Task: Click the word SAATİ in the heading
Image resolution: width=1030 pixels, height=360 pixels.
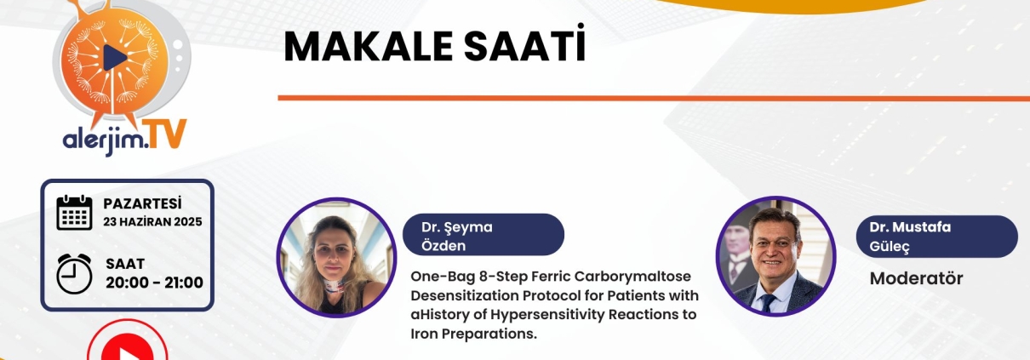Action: (x=524, y=43)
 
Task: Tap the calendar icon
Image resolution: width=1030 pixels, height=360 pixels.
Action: (x=75, y=213)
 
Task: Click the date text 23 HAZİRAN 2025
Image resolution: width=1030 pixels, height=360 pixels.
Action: (x=152, y=222)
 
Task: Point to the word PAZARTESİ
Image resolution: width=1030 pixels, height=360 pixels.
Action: (x=142, y=203)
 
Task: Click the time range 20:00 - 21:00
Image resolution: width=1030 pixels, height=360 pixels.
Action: (x=155, y=283)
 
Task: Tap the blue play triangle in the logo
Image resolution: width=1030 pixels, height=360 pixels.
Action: (x=115, y=58)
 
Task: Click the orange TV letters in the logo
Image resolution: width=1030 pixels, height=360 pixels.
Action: (x=163, y=134)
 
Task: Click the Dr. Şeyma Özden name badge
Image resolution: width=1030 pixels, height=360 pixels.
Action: (x=484, y=235)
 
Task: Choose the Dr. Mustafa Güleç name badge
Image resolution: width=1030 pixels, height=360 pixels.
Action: (x=936, y=237)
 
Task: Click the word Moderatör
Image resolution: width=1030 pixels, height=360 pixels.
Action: (x=916, y=278)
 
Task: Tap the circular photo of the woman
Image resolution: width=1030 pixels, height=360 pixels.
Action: (x=336, y=258)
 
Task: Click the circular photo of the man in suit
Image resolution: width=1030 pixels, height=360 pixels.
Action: (x=776, y=256)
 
